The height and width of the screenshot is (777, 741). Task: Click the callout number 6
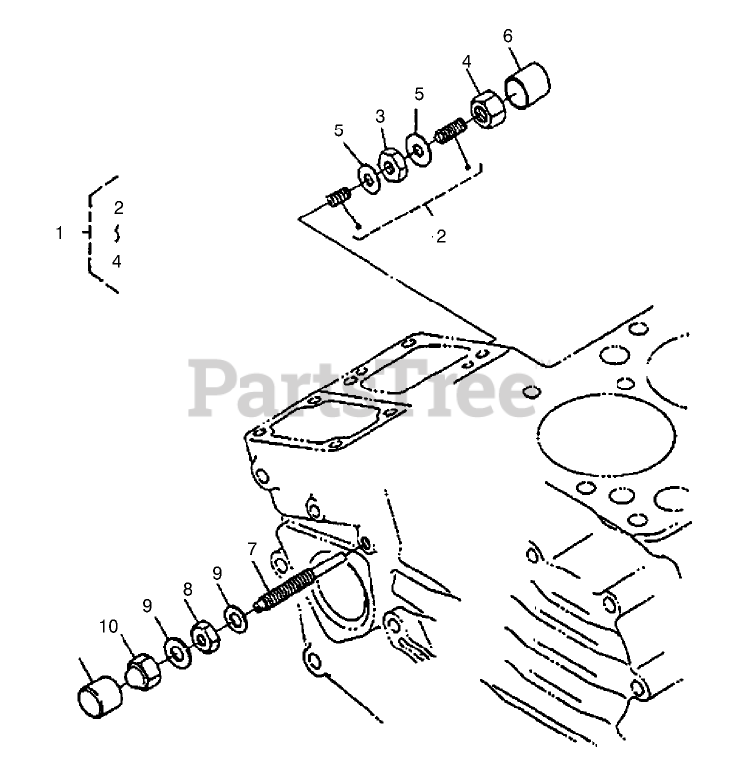click(508, 36)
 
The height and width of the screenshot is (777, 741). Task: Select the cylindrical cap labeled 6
click(527, 83)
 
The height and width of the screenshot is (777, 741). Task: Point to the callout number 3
click(378, 116)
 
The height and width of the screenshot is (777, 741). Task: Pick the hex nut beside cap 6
click(486, 109)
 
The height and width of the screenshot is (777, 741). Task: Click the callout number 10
click(108, 626)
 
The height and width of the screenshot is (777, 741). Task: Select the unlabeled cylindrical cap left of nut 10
click(98, 690)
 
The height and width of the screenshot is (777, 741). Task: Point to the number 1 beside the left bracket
click(59, 233)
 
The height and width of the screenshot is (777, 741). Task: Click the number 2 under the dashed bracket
click(441, 237)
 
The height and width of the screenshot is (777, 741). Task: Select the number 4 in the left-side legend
click(116, 262)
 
